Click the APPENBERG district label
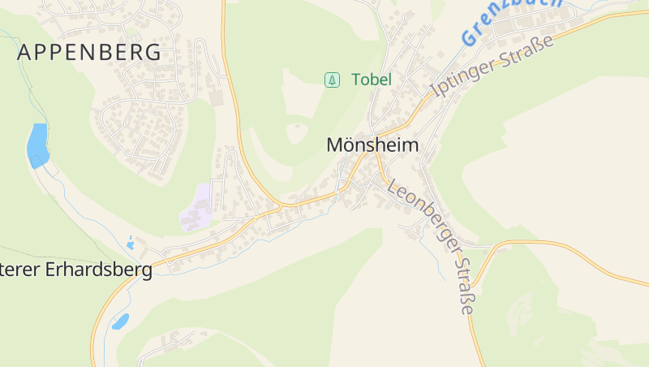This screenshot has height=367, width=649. pos(89,53)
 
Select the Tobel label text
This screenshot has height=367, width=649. pos(372,80)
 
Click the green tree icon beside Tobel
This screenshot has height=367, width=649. pos(331,80)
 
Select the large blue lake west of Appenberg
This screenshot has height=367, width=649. pos(37,145)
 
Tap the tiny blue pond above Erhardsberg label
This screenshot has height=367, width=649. pos(130,242)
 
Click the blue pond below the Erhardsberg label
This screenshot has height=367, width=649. pos(120,322)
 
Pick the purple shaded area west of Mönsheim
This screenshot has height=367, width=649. pos(197,207)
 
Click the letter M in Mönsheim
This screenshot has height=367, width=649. pos(334,145)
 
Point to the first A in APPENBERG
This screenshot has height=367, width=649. pos(24,53)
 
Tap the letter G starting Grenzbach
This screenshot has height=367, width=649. pos(469,37)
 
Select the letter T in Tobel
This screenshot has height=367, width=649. pos(356,80)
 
